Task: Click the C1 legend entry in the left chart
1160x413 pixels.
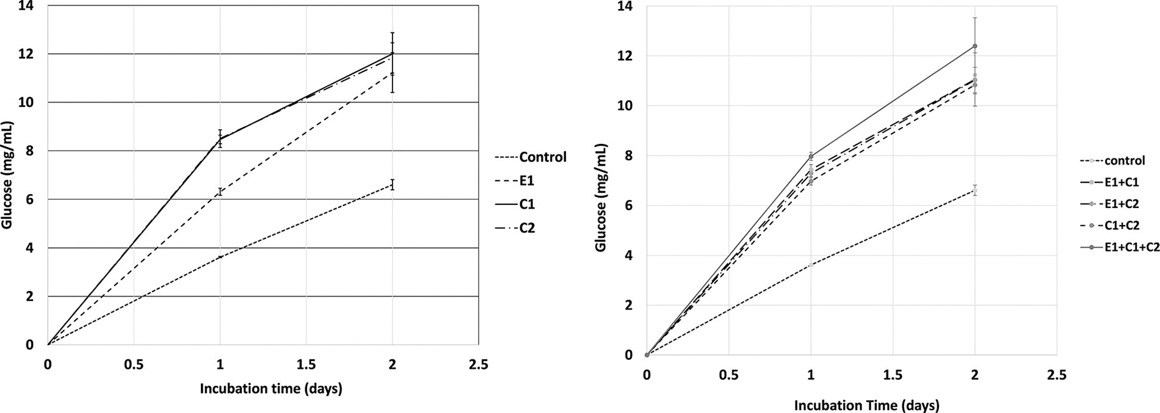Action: tap(526, 205)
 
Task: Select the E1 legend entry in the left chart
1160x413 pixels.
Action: tap(526, 181)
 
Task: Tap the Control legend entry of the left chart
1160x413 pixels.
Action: tap(542, 157)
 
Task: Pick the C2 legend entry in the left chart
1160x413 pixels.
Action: tap(526, 229)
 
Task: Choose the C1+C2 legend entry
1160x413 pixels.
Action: tap(1122, 224)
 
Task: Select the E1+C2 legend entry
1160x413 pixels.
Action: tap(1122, 203)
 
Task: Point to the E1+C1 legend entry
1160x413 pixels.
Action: tap(1122, 182)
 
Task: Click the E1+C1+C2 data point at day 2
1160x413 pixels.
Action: tap(975, 46)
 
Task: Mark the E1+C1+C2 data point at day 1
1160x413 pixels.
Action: tap(811, 156)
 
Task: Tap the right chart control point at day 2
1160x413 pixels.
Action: tap(975, 190)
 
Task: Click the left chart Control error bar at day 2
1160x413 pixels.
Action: tap(392, 185)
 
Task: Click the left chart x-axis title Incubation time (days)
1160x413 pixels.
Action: tap(270, 389)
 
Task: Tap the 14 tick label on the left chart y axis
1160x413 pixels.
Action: tap(27, 6)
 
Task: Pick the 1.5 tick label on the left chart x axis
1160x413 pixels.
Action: tap(306, 365)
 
